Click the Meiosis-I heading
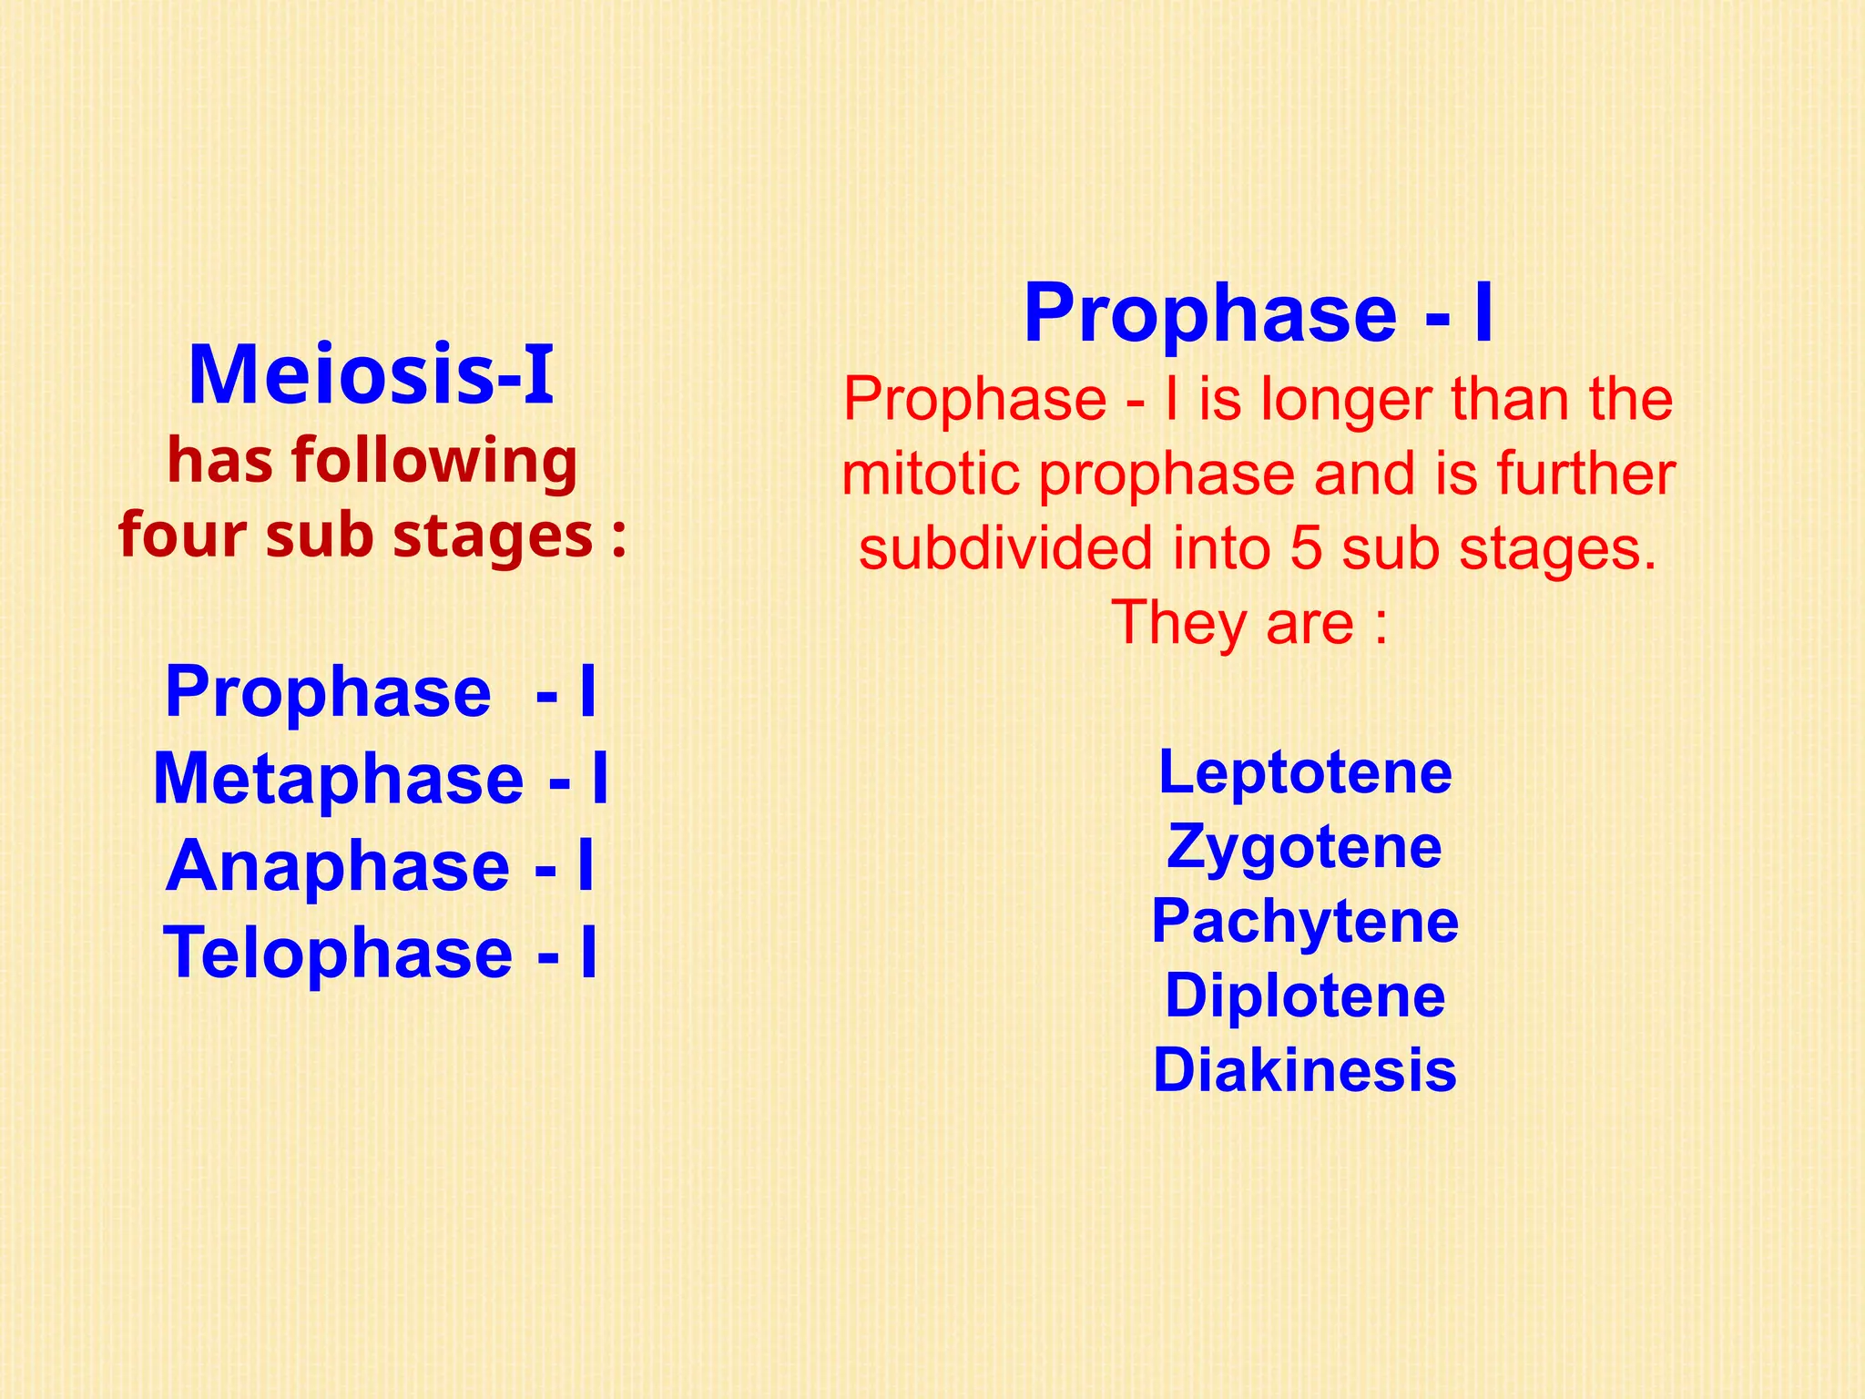coord(371,374)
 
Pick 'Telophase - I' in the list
coord(381,952)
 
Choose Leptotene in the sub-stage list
coord(1304,772)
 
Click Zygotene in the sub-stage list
coord(1304,847)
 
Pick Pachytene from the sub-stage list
coord(1304,921)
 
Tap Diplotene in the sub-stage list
coord(1304,996)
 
